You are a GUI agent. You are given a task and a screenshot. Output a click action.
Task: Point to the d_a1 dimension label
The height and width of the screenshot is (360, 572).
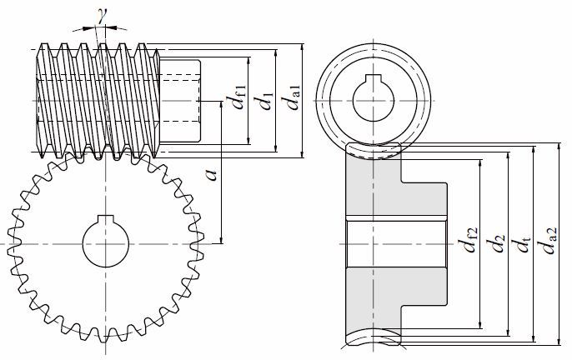pyautogui.click(x=292, y=101)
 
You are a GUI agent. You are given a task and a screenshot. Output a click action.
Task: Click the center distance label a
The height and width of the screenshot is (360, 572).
pyautogui.click(x=212, y=174)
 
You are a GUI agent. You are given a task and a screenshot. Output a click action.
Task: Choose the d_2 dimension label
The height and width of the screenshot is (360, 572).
pyautogui.click(x=498, y=244)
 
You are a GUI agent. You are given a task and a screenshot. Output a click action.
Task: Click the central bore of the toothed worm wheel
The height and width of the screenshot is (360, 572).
pyautogui.click(x=107, y=243)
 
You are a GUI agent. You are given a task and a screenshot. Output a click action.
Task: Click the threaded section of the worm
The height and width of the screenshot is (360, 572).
pyautogui.click(x=98, y=99)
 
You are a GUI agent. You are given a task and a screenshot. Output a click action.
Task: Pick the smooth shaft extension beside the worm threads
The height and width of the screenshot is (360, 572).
pyautogui.click(x=180, y=99)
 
